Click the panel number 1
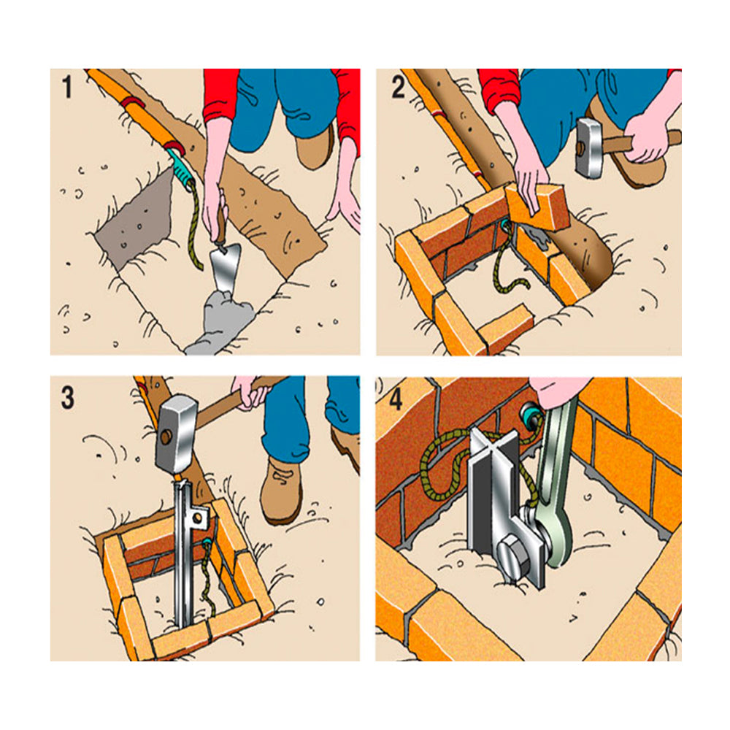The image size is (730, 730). click(67, 87)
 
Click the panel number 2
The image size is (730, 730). click(398, 87)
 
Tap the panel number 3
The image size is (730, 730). click(68, 398)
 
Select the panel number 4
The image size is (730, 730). click(396, 399)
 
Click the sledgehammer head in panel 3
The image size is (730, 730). click(175, 434)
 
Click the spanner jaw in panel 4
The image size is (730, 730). click(554, 535)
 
